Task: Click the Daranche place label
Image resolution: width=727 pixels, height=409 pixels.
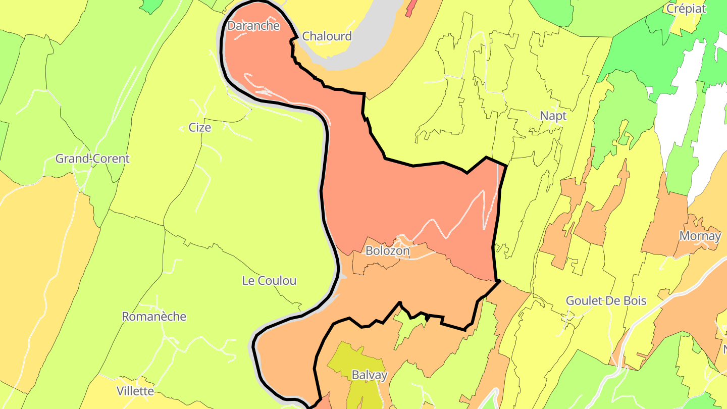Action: pos(253,26)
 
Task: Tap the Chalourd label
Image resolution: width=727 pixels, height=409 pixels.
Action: pos(327,36)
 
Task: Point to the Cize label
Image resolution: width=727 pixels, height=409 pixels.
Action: pos(200,128)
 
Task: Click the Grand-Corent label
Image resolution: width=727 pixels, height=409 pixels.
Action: pos(92,159)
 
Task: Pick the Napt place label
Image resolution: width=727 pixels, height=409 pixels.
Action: pos(553,116)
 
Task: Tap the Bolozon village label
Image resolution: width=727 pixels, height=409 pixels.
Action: pos(387,250)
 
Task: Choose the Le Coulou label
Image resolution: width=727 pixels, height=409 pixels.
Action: pos(269,281)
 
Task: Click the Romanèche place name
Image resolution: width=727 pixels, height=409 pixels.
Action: pos(154,317)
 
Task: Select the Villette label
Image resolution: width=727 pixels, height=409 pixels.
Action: pos(135,391)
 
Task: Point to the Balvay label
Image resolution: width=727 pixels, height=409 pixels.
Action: pos(370,375)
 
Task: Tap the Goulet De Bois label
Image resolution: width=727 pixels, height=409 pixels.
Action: pos(606,301)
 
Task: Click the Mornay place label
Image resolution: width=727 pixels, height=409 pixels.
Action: pos(700,236)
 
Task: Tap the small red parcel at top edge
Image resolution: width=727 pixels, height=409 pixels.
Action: pos(411,7)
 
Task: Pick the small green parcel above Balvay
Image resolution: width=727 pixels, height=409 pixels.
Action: pos(409,328)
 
